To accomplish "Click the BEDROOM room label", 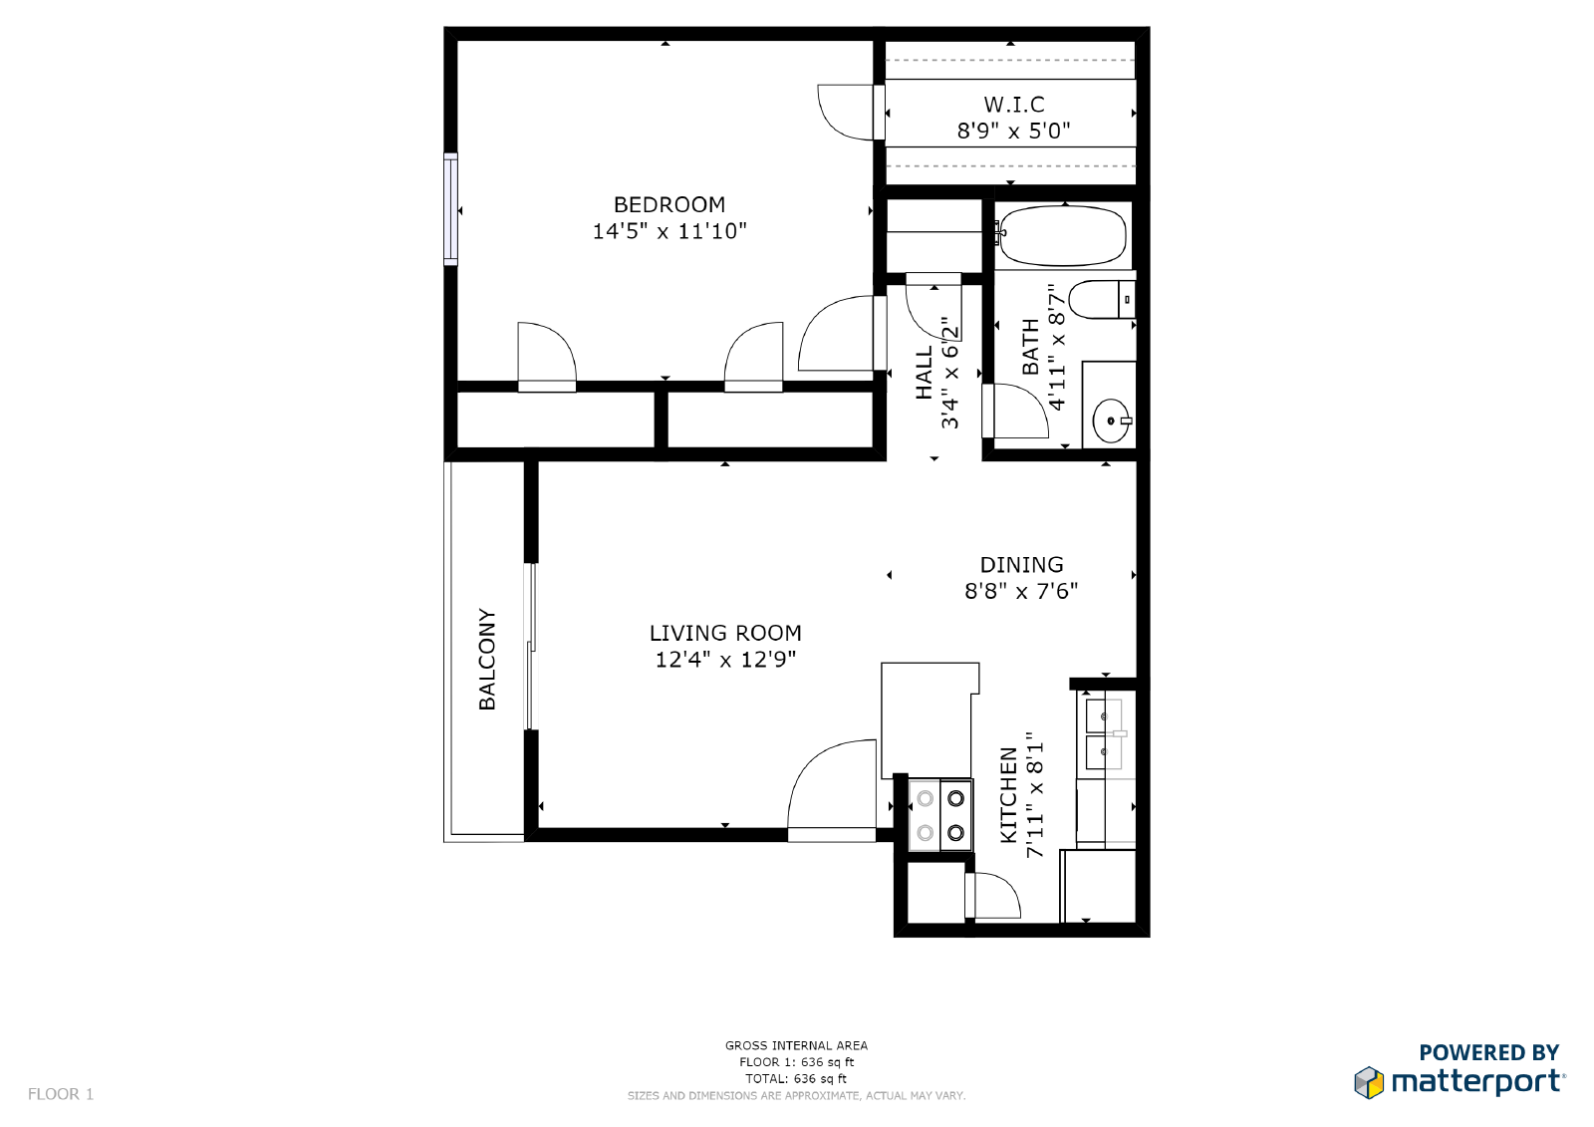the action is click(669, 205).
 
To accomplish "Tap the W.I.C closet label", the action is click(1014, 105).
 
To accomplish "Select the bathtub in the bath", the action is click(1062, 235).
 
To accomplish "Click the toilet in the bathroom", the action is click(1102, 299).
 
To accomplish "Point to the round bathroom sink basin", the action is click(1111, 421).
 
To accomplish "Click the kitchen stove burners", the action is click(940, 815).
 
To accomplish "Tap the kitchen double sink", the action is click(1104, 733).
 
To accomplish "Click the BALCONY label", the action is click(487, 660).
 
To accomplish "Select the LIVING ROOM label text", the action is click(725, 633).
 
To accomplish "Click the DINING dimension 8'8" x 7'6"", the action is click(1021, 591).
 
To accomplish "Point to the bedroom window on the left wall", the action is click(450, 209).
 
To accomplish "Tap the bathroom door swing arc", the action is click(1015, 411).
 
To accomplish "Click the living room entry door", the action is click(832, 790).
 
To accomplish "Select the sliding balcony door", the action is click(530, 647).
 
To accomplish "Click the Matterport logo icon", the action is click(1369, 1082).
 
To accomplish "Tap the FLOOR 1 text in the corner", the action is click(61, 1094).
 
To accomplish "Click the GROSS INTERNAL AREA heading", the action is click(796, 1046).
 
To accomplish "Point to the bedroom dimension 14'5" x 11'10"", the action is click(669, 231).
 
